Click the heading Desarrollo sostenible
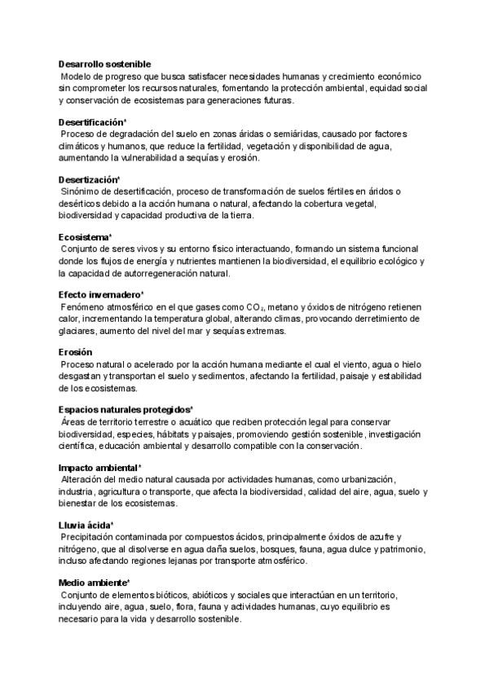pyautogui.click(x=104, y=64)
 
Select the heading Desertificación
pyautogui.click(x=92, y=121)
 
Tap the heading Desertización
pyautogui.click(x=89, y=179)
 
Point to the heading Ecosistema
pyautogui.click(x=84, y=237)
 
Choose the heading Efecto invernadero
pyautogui.click(x=100, y=294)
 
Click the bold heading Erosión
pyautogui.click(x=76, y=352)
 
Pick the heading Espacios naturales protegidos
pyautogui.click(x=125, y=410)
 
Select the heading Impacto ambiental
pyautogui.click(x=99, y=468)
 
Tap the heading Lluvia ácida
pyautogui.click(x=85, y=526)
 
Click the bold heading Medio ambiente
pyautogui.click(x=94, y=583)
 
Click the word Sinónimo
pyautogui.click(x=82, y=191)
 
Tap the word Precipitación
pyautogui.click(x=90, y=537)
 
